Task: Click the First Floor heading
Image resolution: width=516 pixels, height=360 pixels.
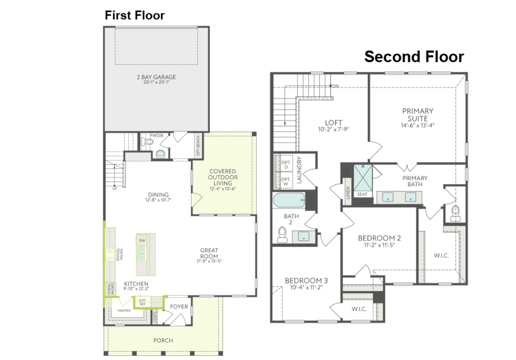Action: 134,15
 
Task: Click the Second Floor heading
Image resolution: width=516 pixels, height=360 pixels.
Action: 414,57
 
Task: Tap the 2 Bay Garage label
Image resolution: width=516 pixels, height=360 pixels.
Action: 156,77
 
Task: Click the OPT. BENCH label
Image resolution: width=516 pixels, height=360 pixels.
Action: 198,145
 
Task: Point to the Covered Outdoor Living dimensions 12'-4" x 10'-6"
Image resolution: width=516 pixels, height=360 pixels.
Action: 222,189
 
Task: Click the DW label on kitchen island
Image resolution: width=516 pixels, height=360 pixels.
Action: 142,240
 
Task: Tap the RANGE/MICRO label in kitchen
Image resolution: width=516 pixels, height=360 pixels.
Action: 120,254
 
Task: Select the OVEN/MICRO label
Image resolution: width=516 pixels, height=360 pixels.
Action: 111,289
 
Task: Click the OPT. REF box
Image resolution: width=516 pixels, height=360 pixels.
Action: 142,302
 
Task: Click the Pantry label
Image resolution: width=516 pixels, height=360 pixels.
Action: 124,311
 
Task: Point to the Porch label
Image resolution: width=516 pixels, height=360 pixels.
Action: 163,340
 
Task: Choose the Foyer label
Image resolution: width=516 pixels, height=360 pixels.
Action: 179,307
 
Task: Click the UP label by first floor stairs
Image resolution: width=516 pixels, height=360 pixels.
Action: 114,189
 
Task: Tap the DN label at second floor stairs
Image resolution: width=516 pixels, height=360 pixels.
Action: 336,86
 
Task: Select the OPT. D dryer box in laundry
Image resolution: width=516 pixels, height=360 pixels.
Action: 286,164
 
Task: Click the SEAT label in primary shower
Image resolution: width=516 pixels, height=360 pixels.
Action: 362,194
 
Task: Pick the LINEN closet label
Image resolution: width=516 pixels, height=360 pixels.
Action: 348,192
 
